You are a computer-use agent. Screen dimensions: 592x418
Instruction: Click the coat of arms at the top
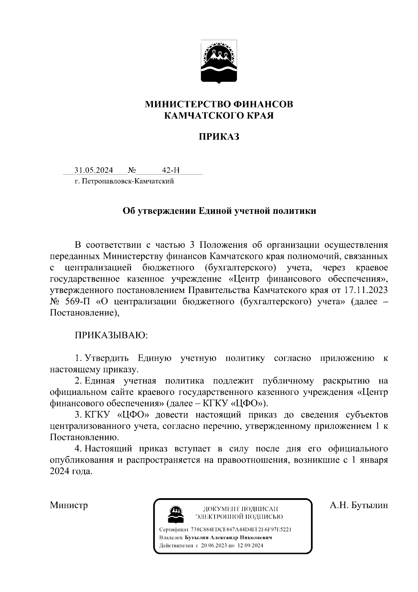click(219, 62)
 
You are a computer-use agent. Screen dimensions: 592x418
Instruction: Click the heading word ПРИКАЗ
click(219, 136)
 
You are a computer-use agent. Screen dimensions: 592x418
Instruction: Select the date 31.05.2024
click(93, 170)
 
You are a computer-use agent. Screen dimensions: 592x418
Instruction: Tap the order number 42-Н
click(171, 170)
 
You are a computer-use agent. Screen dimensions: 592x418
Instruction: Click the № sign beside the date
click(132, 170)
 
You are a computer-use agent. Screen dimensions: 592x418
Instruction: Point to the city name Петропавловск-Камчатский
click(127, 181)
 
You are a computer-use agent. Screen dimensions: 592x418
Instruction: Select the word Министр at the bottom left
click(69, 505)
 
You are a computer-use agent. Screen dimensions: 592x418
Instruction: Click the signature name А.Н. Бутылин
click(359, 505)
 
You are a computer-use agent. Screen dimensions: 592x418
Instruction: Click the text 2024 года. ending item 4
click(71, 471)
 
